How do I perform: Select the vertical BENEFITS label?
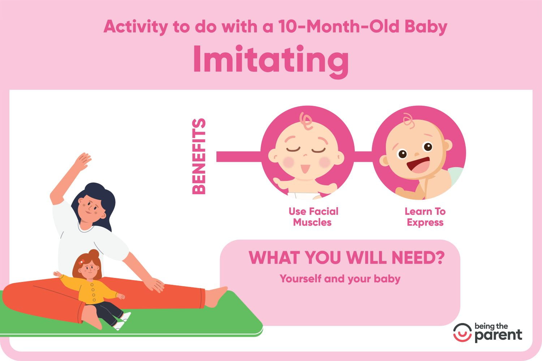point(199,156)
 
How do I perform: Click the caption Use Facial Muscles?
point(313,217)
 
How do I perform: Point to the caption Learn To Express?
point(425,217)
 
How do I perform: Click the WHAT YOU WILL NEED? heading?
point(347,258)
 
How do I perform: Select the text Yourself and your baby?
point(340,279)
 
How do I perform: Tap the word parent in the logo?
point(498,335)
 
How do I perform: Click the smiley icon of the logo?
point(463,332)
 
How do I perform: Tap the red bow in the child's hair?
point(82,262)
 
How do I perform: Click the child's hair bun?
point(94,254)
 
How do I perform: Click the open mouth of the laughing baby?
point(418,165)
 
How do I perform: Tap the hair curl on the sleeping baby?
point(306,121)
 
